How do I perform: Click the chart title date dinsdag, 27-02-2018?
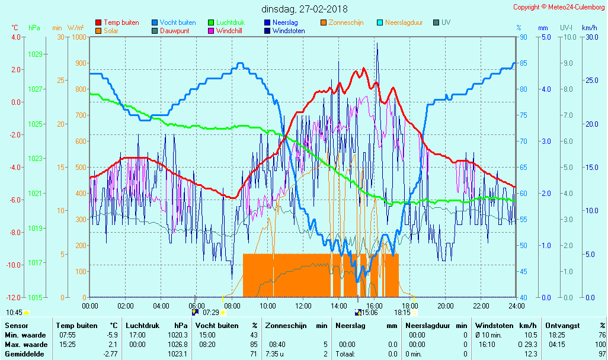point(305,9)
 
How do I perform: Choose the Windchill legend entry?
point(228,31)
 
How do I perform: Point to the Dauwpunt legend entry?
point(175,31)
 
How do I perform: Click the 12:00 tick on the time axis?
point(303,306)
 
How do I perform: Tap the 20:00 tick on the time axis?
point(446,306)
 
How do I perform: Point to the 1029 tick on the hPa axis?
point(35,54)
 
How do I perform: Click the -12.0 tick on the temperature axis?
point(12,297)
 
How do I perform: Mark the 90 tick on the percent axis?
point(523,37)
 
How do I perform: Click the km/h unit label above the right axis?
point(589,28)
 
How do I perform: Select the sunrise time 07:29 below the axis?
point(211,312)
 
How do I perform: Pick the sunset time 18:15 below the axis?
point(402,312)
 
